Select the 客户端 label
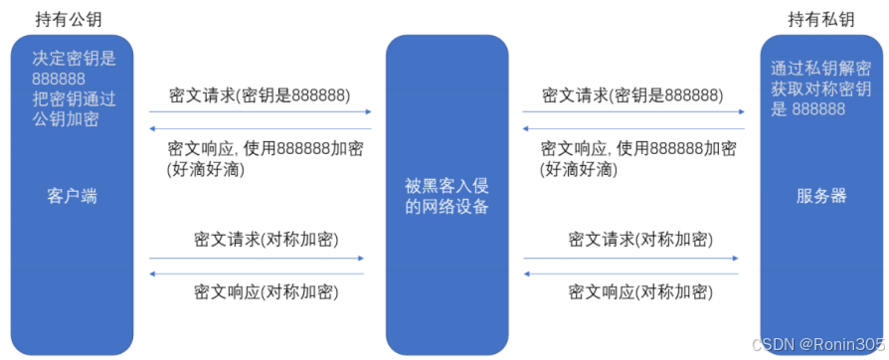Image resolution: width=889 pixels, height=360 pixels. point(72,196)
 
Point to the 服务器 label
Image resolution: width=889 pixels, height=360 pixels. point(821,196)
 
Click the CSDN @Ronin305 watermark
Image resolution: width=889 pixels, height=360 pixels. point(815,343)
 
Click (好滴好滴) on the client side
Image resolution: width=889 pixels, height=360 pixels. point(209,170)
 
